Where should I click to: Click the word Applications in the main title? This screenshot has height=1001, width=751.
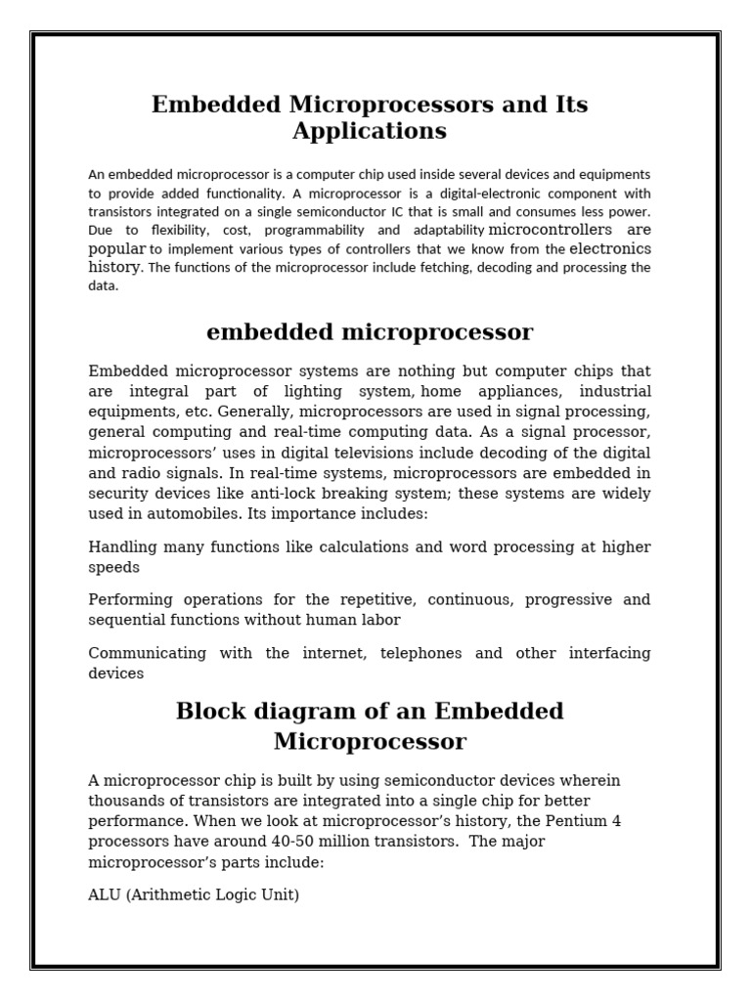(370, 131)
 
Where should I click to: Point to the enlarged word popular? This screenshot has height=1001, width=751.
(117, 249)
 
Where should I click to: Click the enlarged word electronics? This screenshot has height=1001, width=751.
(610, 248)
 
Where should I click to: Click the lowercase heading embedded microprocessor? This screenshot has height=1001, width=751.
(370, 332)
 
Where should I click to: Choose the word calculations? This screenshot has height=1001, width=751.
(327, 546)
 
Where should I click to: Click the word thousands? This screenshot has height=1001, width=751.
(126, 801)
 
